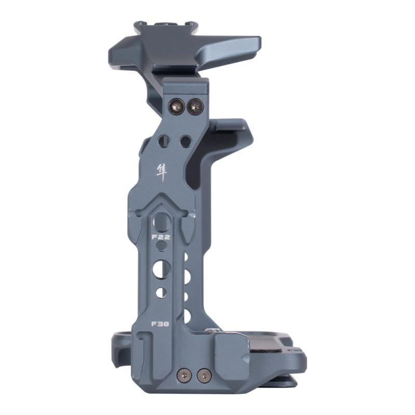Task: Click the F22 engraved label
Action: coord(161,237)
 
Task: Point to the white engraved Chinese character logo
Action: coord(162,173)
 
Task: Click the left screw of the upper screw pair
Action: coord(176,107)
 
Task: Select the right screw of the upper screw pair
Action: coord(195,107)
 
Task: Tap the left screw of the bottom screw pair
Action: coord(183,375)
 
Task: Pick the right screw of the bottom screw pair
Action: coord(204,375)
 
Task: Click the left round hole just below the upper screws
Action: coord(164,140)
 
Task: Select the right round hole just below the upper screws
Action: coord(186,141)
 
